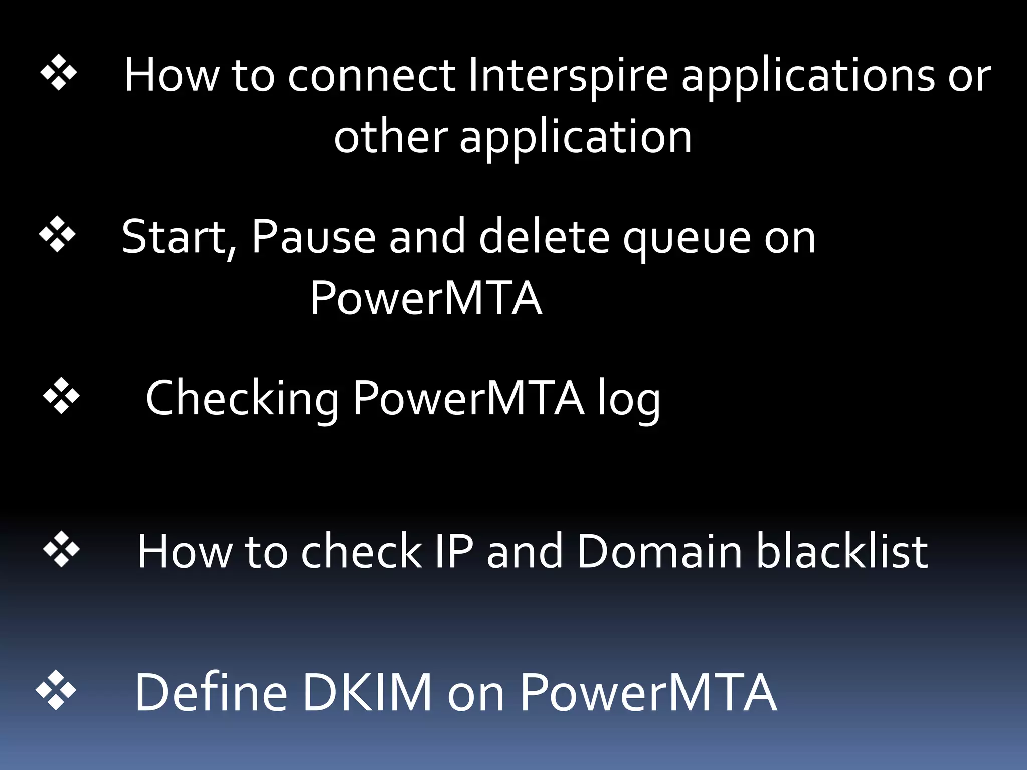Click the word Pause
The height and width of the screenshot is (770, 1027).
313,237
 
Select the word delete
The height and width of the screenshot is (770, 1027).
544,237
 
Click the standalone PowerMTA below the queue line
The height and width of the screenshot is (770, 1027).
426,298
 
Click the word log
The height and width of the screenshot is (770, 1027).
629,401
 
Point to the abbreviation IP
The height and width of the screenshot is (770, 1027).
454,551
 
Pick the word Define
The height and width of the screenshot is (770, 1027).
211,693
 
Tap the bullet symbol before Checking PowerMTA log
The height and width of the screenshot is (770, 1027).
61,396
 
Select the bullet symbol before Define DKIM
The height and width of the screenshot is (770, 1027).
56,690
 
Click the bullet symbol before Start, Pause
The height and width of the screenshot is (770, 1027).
57,234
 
